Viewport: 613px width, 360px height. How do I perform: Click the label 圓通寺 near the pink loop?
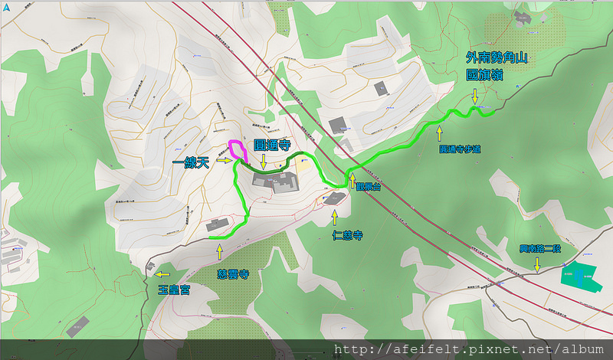[271, 143]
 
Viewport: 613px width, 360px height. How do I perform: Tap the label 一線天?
[192, 162]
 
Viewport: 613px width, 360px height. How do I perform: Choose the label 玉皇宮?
[174, 290]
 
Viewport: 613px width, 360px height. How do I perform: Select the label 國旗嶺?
[486, 76]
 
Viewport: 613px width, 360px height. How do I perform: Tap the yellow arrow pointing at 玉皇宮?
[162, 273]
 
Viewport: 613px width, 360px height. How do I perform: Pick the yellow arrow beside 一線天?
[223, 161]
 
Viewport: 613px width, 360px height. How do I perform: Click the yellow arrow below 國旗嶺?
[475, 96]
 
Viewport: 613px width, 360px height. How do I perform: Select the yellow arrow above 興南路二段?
[537, 263]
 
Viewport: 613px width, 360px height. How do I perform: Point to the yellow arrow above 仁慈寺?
[334, 219]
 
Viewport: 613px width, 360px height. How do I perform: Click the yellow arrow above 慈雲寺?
[220, 251]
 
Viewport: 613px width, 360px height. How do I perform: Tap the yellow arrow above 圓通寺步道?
[440, 133]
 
